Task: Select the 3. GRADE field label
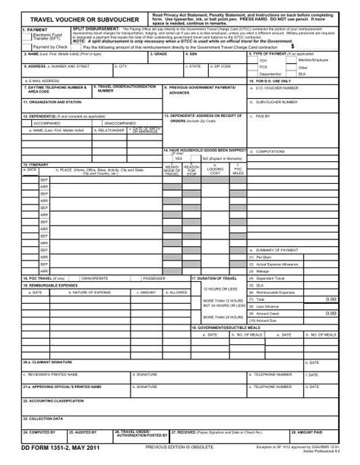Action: click(x=160, y=55)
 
